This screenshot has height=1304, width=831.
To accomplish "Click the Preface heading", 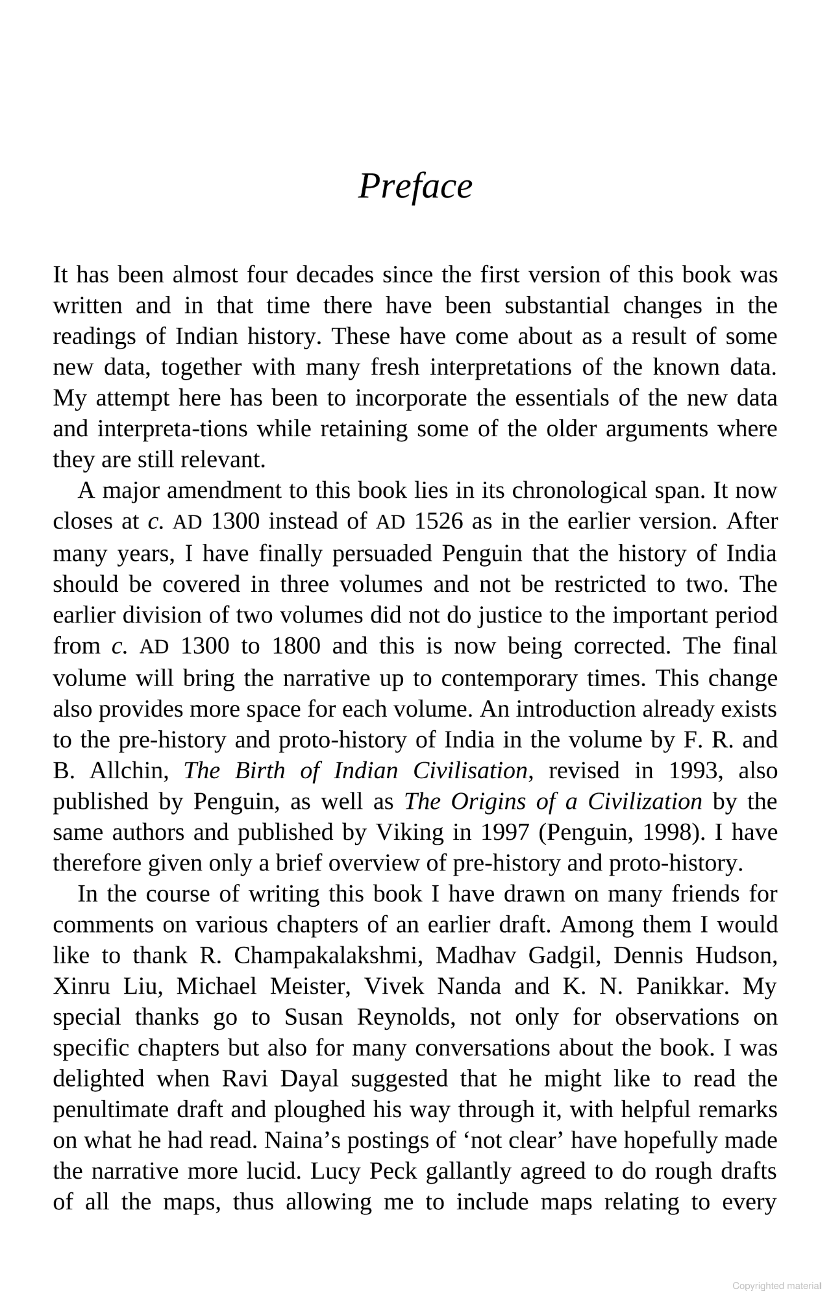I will (x=415, y=187).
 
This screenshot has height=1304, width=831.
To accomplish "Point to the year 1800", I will (x=296, y=646).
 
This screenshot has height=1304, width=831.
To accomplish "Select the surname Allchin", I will (x=130, y=770).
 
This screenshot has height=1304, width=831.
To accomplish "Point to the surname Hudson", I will (x=736, y=955).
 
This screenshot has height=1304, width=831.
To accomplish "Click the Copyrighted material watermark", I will (x=776, y=1286).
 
